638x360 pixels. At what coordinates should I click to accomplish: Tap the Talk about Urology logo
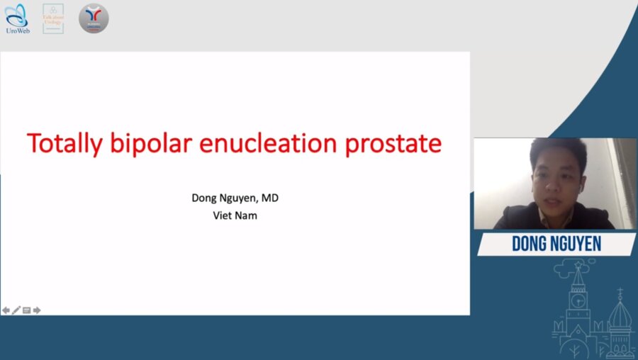[x=53, y=18]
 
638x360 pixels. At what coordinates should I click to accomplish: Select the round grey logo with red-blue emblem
[x=94, y=18]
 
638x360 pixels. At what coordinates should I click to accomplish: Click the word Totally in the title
[x=65, y=144]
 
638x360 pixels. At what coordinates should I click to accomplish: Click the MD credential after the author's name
[x=271, y=198]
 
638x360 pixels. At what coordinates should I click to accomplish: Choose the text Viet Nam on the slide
[x=235, y=215]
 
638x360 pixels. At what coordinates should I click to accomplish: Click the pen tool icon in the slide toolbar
[x=16, y=310]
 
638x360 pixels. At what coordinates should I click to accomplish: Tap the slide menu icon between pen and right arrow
[x=26, y=310]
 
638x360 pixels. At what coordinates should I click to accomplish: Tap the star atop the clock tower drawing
[x=578, y=265]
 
